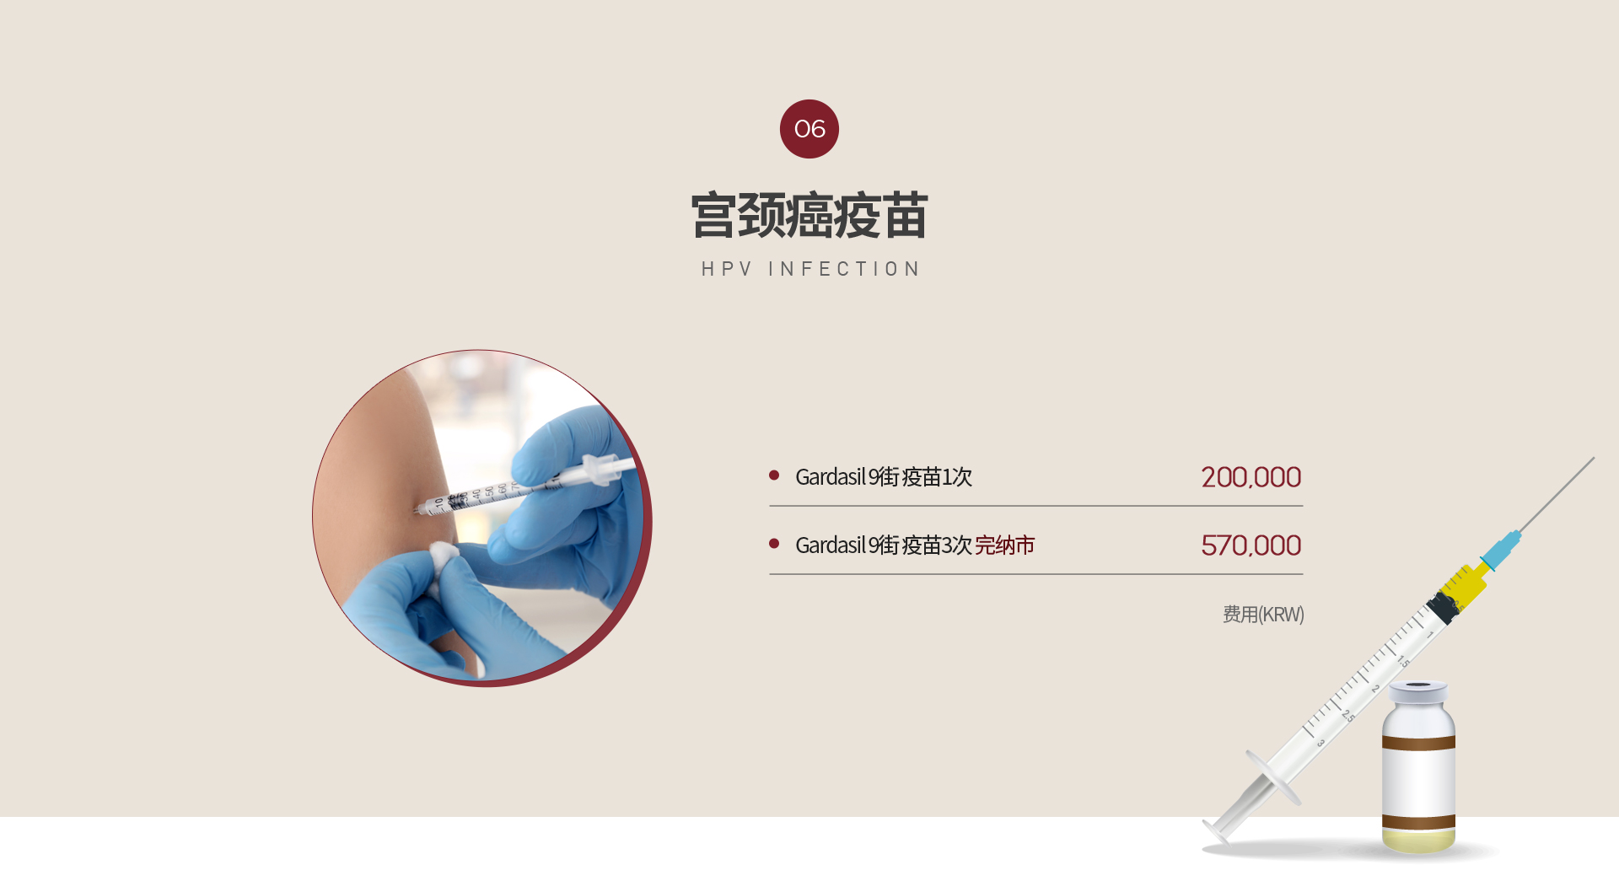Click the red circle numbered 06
pos(809,129)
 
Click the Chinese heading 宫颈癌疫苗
pos(809,216)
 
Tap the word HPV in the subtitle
pos(727,269)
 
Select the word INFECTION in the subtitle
pos(844,269)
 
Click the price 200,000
pos(1251,477)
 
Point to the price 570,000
pos(1251,545)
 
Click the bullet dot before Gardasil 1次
pos(774,475)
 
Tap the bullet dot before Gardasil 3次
pos(774,544)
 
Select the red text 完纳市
pos(1005,545)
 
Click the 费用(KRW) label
pos(1263,615)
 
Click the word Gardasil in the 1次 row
pos(831,477)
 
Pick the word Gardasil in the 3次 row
pos(831,545)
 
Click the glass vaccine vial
pos(1418,767)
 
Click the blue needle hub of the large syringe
pos(1500,550)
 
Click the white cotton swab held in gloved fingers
pos(444,558)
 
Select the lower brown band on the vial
pos(1418,822)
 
